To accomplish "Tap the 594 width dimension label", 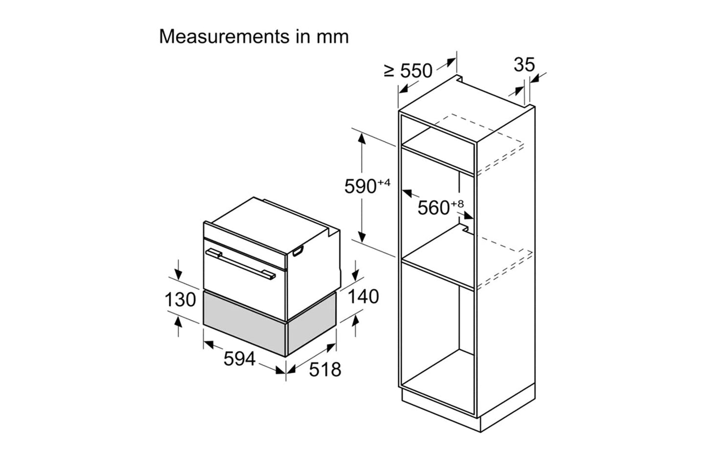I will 240,359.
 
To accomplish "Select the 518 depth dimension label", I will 325,369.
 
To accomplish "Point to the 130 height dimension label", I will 180,299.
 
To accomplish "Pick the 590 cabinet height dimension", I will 360,187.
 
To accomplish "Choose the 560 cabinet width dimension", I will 433,208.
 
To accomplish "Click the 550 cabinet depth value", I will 416,71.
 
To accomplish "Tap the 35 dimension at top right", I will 524,65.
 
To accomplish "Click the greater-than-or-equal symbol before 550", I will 389,71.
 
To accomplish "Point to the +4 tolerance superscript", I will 384,183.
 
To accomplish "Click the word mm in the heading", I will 335,37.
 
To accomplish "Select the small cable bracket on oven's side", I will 298,252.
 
